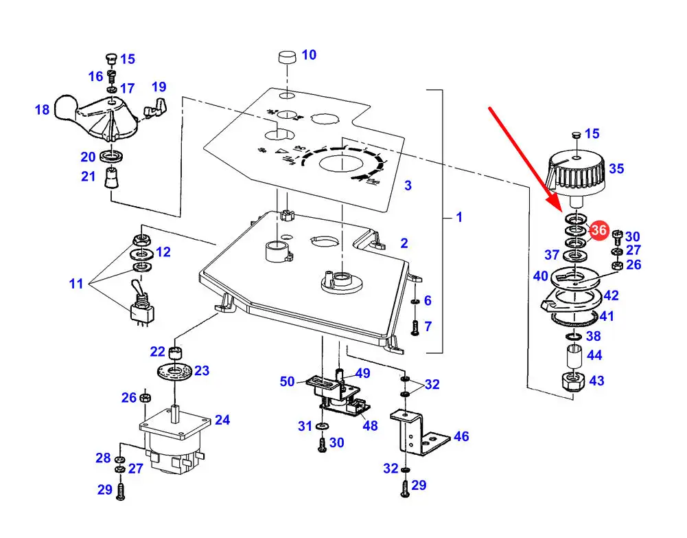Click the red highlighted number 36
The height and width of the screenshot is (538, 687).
click(x=599, y=231)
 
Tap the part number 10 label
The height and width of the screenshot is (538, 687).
click(x=310, y=54)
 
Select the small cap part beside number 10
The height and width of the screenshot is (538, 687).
click(x=287, y=56)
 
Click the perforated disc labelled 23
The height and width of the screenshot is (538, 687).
click(x=176, y=372)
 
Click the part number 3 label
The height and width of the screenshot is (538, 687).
click(x=408, y=186)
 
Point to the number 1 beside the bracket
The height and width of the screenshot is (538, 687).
click(x=459, y=217)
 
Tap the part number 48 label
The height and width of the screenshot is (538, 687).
click(x=370, y=426)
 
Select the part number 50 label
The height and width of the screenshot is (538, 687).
click(x=287, y=381)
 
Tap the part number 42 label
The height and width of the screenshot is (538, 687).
click(x=611, y=295)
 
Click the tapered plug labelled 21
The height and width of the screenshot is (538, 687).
click(x=110, y=179)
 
